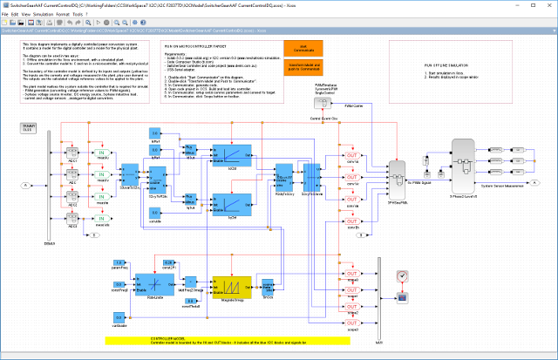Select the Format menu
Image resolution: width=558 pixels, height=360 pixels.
tap(88, 15)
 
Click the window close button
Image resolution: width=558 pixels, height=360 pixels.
tap(546, 4)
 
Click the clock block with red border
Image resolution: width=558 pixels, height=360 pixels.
tap(402, 276)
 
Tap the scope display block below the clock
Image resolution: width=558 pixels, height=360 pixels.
tap(402, 299)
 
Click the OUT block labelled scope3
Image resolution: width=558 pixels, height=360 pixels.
tap(353, 323)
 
